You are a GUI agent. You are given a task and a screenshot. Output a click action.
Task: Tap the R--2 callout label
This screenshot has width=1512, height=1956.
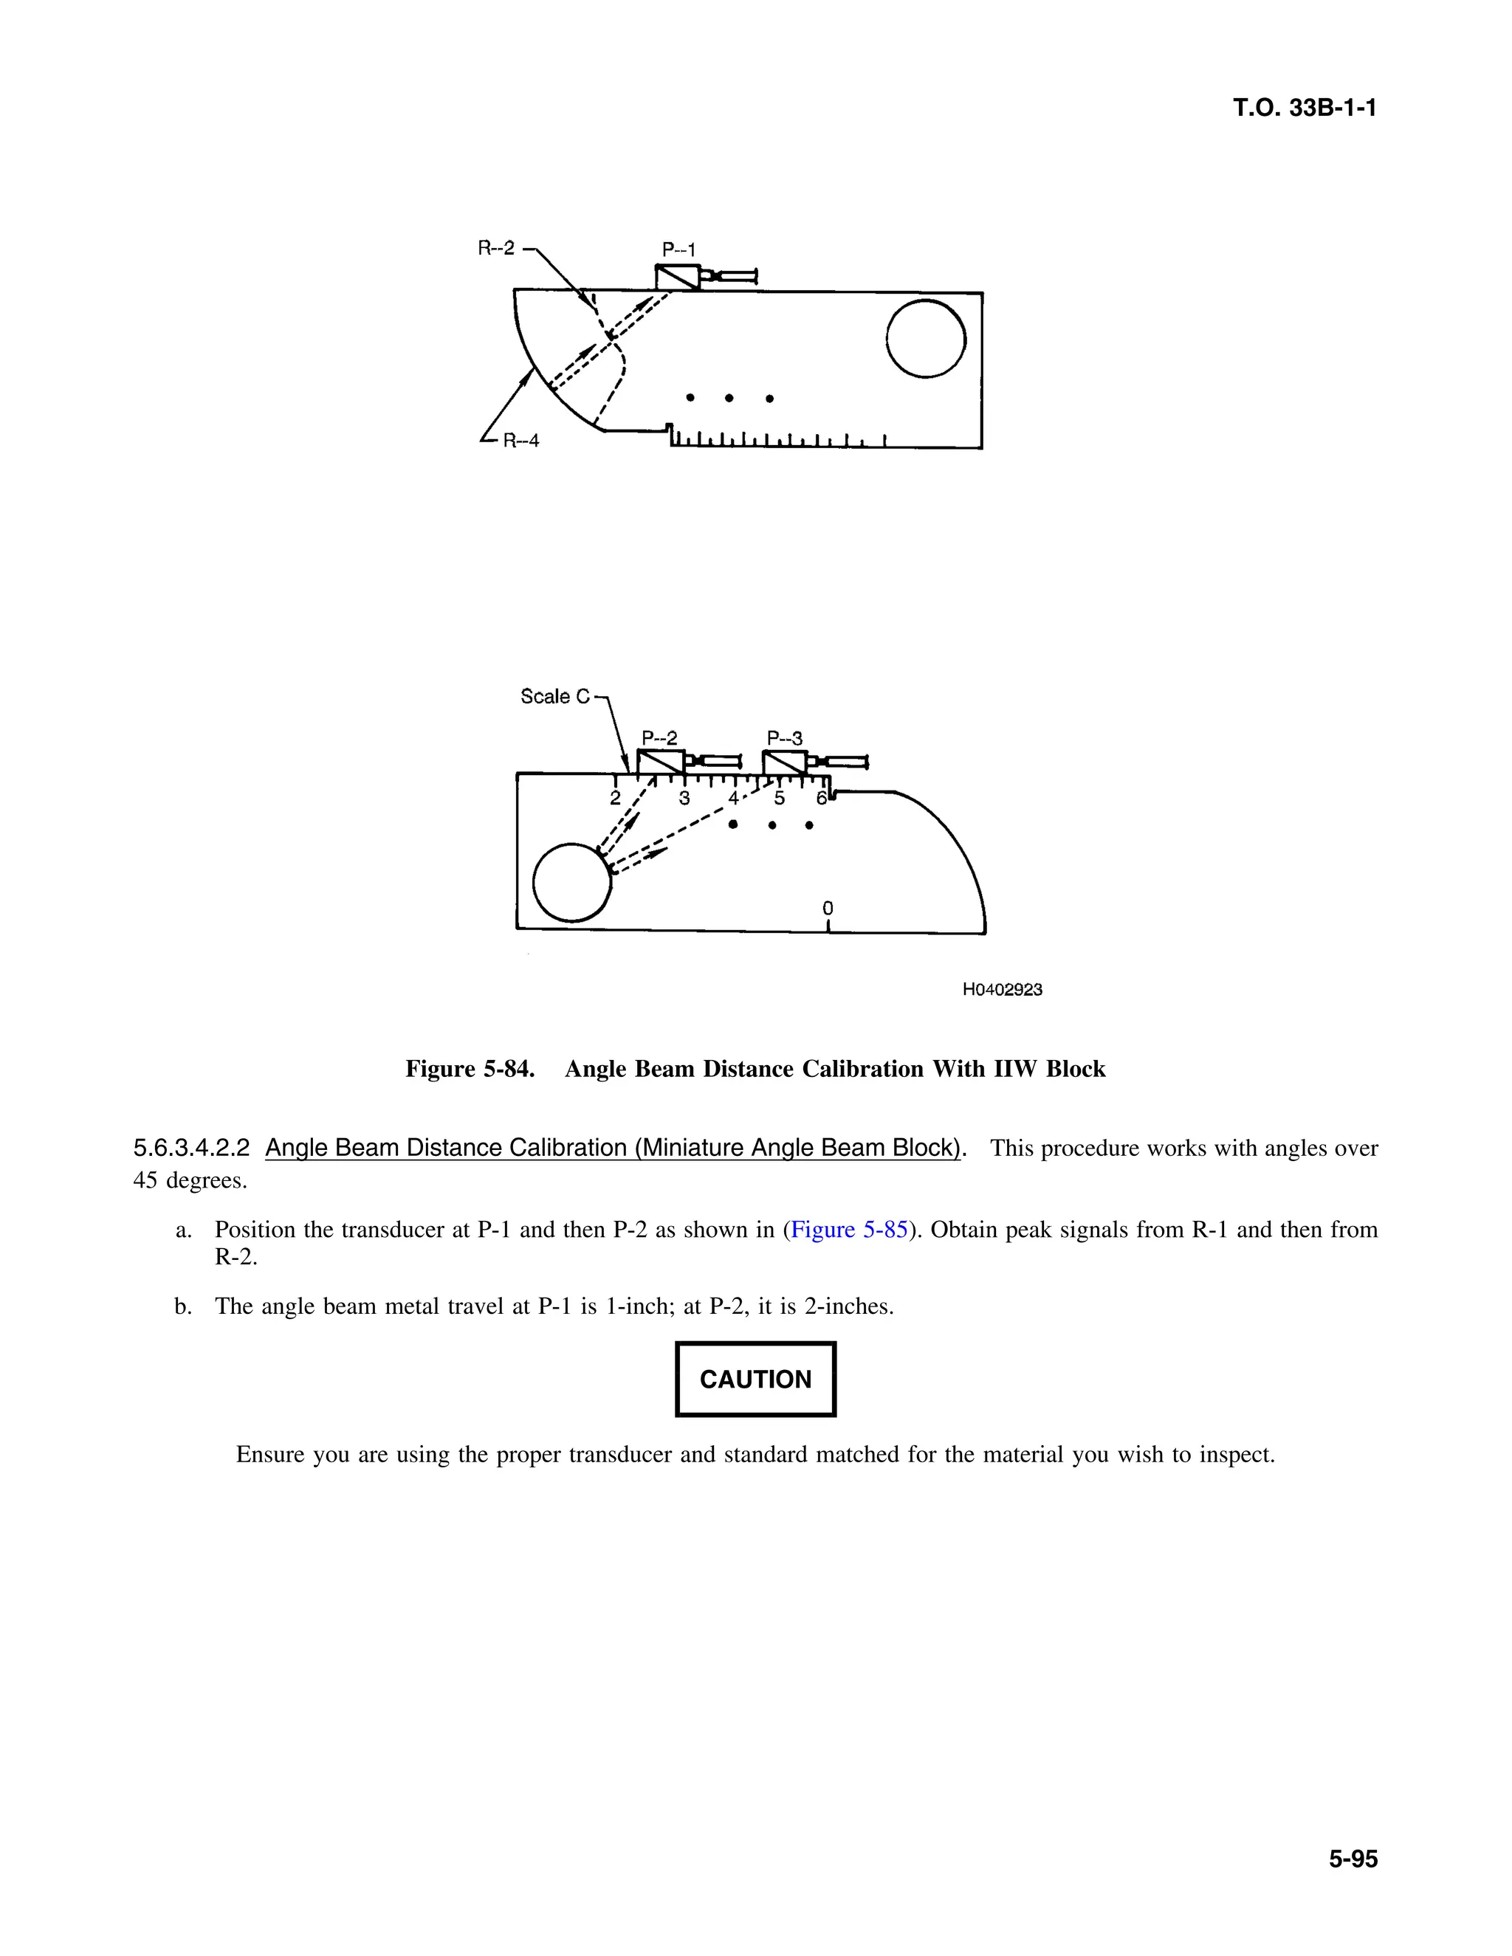point(496,248)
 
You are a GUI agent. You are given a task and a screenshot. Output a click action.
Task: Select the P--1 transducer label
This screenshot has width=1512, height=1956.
point(678,250)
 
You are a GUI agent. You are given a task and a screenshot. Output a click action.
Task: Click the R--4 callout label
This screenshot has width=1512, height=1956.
point(520,441)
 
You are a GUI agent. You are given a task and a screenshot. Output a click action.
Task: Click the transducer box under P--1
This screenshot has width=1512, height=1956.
point(677,277)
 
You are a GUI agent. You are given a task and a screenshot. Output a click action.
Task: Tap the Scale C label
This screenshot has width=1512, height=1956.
point(555,696)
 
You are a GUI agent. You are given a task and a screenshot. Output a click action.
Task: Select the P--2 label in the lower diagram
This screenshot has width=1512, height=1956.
point(659,738)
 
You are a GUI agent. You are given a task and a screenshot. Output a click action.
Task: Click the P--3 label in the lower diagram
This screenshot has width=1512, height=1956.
point(785,738)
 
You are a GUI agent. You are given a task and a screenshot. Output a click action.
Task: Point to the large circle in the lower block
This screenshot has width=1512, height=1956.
point(571,882)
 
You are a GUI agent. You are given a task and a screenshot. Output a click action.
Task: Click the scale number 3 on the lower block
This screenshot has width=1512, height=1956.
point(684,798)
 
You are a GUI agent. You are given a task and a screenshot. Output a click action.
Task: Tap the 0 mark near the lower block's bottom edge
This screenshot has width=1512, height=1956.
point(828,908)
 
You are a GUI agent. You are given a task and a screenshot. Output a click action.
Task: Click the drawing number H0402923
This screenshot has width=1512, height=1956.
point(1003,990)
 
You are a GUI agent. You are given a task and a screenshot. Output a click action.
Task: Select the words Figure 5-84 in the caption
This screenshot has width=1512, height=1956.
point(470,1070)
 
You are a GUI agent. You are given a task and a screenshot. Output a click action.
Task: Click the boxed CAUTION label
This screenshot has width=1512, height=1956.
point(755,1380)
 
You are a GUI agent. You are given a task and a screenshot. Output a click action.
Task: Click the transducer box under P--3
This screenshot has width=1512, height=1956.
point(784,763)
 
